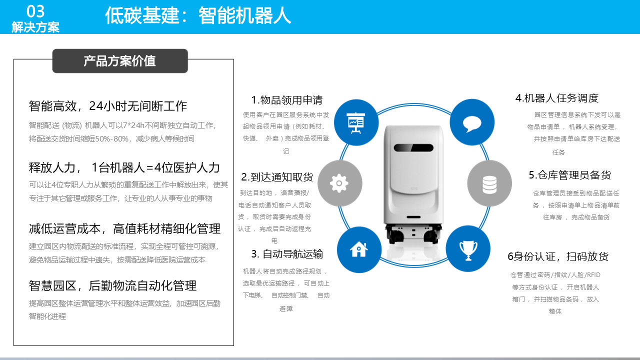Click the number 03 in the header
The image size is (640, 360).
[35, 11]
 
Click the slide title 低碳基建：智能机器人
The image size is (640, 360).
[198, 15]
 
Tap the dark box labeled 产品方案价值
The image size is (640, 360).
[120, 61]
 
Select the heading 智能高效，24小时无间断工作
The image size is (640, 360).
[107, 106]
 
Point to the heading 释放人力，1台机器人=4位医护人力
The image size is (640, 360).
[124, 167]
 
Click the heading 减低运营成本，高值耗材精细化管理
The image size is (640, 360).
[124, 229]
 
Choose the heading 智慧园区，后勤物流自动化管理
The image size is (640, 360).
[112, 285]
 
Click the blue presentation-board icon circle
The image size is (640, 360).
[356, 122]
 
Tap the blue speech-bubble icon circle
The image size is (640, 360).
[472, 122]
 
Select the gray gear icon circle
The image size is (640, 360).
[339, 183]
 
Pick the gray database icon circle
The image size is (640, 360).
[489, 183]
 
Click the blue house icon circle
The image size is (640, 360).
[359, 249]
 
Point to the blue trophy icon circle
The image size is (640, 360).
[468, 248]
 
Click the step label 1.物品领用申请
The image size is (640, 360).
[287, 100]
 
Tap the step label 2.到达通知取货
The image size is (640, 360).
[277, 177]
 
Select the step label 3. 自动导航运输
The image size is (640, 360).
[287, 254]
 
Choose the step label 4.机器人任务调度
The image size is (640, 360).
[557, 98]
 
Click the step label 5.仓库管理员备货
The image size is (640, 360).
[570, 175]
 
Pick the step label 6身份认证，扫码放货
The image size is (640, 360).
[558, 256]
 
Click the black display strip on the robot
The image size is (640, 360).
[413, 147]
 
